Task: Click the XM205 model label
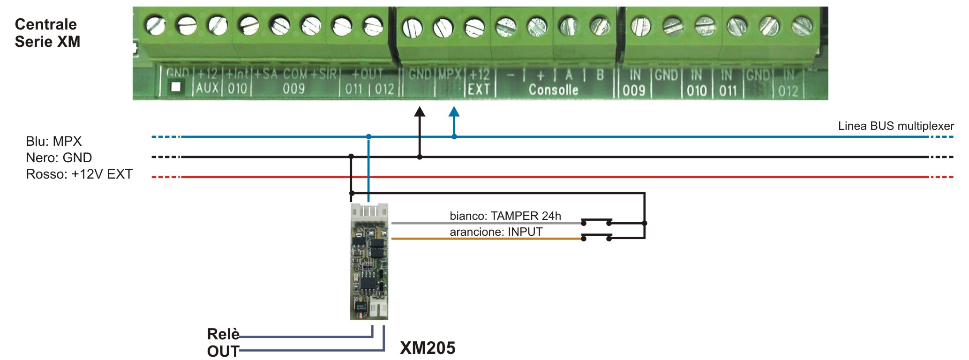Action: click(428, 348)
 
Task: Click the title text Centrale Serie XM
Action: click(47, 33)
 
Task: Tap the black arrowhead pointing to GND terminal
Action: click(420, 112)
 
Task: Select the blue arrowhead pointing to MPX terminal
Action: click(454, 112)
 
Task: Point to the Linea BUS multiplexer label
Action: click(896, 126)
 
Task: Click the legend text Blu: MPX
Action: click(54, 141)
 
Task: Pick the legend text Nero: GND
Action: click(59, 157)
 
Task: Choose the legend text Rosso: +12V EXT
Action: click(79, 174)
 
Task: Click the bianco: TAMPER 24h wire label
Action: click(505, 216)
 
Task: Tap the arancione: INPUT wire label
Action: click(496, 232)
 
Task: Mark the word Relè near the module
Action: click(223, 334)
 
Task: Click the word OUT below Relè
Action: click(223, 351)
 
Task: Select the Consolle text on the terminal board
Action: click(553, 90)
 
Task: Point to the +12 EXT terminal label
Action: click(479, 82)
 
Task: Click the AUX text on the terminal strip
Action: click(207, 88)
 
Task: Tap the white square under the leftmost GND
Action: click(176, 87)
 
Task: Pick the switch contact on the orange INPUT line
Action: click(596, 236)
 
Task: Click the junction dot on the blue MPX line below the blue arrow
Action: click(454, 136)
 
